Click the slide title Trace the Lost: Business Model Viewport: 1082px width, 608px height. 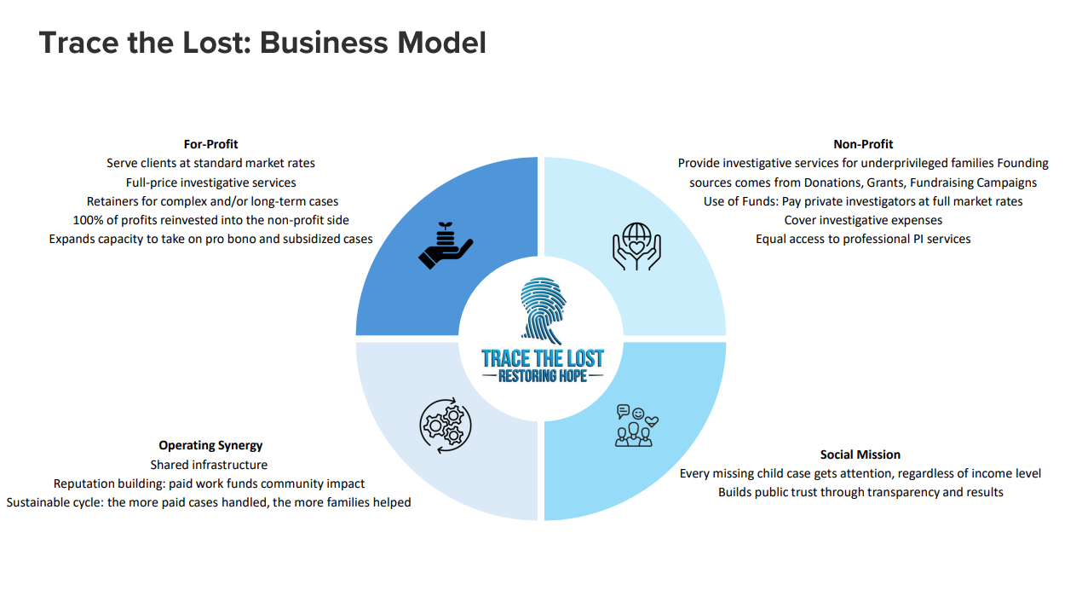point(262,43)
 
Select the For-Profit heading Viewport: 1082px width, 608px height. point(210,144)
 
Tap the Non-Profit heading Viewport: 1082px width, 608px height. point(863,144)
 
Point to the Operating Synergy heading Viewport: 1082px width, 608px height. point(210,445)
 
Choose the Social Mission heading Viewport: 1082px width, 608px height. point(860,455)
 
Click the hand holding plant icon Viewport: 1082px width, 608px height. point(446,246)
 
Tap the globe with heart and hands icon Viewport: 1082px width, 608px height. point(636,246)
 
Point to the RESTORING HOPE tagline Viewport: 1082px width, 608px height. point(543,375)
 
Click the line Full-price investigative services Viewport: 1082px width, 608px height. point(210,182)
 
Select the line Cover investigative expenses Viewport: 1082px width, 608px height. point(863,220)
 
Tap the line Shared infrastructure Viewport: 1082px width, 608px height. point(209,465)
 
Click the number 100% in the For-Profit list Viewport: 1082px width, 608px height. point(88,220)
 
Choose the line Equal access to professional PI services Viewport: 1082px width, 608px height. point(863,239)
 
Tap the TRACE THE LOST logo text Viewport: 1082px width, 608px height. point(543,357)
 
